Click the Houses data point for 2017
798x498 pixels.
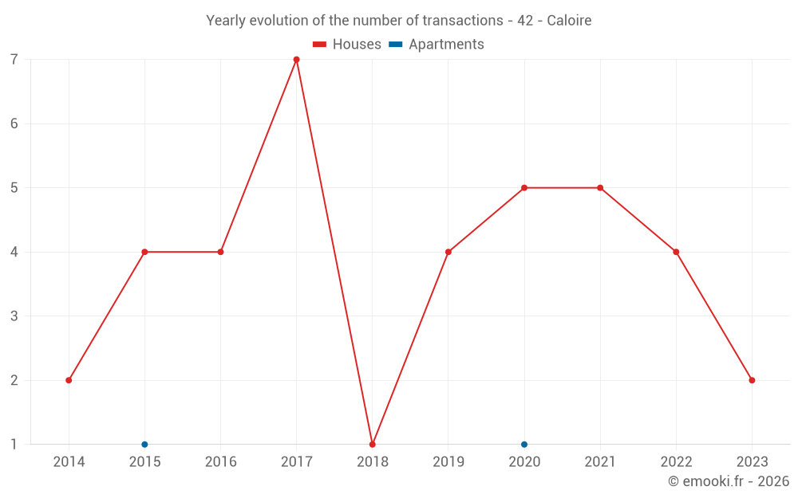(296, 60)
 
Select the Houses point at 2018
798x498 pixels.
(373, 444)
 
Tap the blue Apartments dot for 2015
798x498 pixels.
(144, 444)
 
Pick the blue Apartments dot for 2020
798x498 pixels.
(524, 444)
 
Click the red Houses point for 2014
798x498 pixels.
(69, 380)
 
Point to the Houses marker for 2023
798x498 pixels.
(752, 380)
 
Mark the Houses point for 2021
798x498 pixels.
(600, 188)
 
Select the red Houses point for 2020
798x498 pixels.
(524, 188)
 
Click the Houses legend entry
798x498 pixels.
(347, 45)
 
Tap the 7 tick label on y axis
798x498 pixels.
(14, 60)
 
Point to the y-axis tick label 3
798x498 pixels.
(14, 316)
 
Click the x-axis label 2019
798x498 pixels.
(448, 462)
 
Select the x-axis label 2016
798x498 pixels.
(220, 462)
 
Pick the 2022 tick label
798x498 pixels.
(676, 462)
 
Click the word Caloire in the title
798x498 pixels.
(569, 21)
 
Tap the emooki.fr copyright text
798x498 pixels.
(729, 481)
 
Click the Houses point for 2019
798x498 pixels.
(448, 252)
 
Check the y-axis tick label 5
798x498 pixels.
(14, 188)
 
